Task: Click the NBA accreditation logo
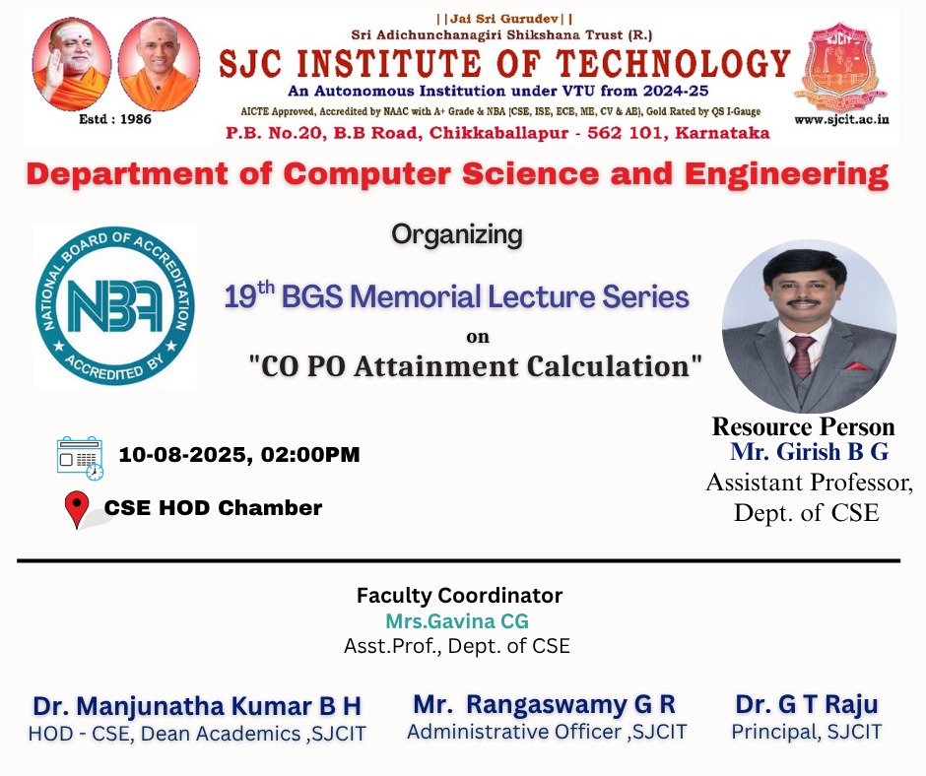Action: [x=114, y=306]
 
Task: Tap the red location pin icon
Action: [x=77, y=509]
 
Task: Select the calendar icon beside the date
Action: [x=80, y=458]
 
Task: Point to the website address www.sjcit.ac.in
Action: [x=841, y=120]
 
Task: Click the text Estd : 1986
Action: [x=115, y=119]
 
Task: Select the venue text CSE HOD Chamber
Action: [x=213, y=508]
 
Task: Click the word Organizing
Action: [x=457, y=235]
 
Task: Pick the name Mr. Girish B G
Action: [x=809, y=452]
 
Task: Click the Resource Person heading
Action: [x=804, y=426]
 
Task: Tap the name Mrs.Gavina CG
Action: [x=457, y=621]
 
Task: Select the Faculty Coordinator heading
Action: [x=459, y=595]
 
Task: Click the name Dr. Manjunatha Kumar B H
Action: [x=197, y=706]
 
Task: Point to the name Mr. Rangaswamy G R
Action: [x=544, y=704]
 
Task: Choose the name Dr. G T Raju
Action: [x=807, y=704]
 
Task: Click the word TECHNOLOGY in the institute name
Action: [x=673, y=64]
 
